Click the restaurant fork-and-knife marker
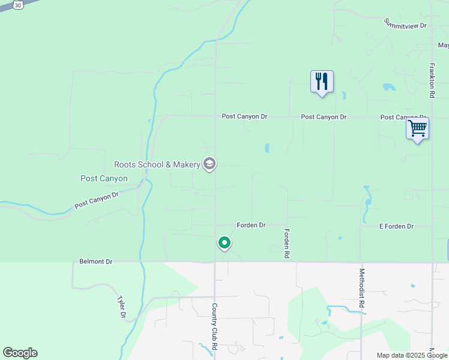click(322, 81)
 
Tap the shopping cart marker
click(417, 128)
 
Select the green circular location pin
click(224, 243)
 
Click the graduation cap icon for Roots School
click(209, 164)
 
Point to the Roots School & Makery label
click(157, 164)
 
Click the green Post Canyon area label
click(104, 179)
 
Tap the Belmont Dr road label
click(96, 262)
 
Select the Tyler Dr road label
click(122, 306)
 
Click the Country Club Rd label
click(214, 326)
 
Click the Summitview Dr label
click(405, 23)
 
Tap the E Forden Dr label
click(396, 226)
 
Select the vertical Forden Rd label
click(287, 244)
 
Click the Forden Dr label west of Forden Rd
click(251, 225)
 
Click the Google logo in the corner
click(20, 353)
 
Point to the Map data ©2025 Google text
click(412, 355)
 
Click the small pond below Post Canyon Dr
click(267, 148)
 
